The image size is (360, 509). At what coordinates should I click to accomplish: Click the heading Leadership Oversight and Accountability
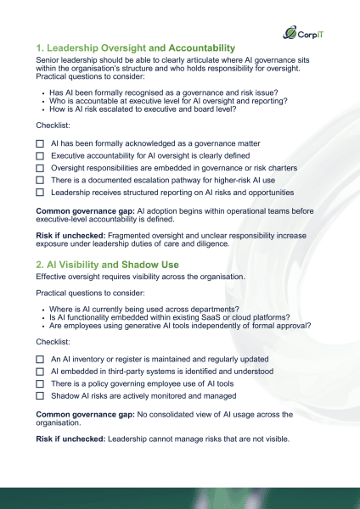pos(136,48)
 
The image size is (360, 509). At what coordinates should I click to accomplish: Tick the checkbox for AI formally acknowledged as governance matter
pos(40,145)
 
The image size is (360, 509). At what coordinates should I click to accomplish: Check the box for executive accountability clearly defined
pos(40,157)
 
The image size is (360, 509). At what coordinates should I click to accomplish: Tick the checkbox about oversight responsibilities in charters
pos(40,169)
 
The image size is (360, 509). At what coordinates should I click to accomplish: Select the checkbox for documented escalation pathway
pos(40,181)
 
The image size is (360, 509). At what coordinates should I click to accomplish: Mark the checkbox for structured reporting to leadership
pos(40,193)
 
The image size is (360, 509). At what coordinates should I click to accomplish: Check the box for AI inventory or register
pos(40,360)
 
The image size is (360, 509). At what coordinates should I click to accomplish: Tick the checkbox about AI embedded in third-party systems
pos(40,372)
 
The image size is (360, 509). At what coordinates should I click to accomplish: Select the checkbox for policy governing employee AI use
pos(40,383)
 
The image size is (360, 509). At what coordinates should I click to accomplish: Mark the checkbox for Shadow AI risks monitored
pos(40,395)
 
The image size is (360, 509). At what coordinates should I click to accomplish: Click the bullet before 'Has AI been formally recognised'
pos(43,91)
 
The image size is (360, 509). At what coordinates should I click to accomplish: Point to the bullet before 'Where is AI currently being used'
pos(43,307)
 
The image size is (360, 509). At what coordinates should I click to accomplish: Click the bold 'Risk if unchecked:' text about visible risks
pos(70,438)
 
